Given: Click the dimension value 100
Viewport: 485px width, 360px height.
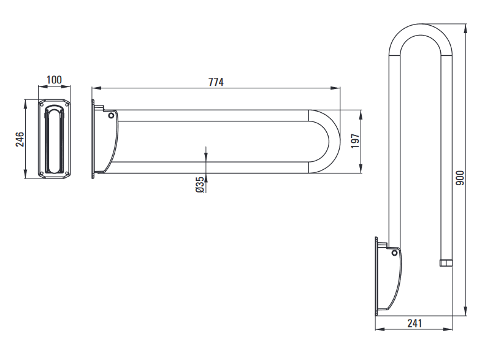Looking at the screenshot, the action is coord(54,80).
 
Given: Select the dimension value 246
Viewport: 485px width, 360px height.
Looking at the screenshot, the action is coord(20,139).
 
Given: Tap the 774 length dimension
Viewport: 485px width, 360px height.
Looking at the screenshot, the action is coord(216,82).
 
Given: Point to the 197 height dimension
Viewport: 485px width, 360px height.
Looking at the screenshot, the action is coord(356,141).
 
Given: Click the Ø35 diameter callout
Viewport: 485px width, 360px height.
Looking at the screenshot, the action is coord(200,185).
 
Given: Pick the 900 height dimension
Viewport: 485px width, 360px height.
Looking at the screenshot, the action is coord(460,178).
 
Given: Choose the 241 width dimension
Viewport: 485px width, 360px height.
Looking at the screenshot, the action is coord(414,323).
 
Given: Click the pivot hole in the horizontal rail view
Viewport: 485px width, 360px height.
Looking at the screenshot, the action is coord(111,116).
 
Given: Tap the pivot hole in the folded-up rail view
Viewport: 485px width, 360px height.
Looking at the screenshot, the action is coord(394,253).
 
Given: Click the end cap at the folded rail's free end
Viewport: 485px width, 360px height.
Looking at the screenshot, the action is coord(446,263).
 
